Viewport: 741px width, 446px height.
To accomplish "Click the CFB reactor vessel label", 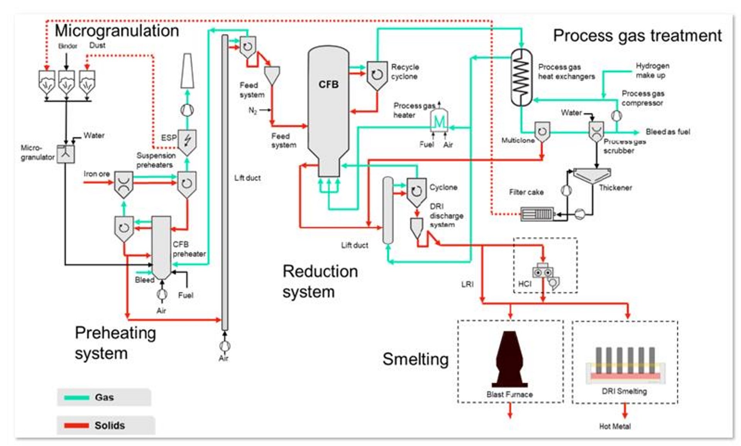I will (x=328, y=85).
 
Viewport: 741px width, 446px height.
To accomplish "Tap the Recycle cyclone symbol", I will (x=377, y=75).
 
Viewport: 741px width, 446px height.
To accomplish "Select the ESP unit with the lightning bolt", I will (x=187, y=141).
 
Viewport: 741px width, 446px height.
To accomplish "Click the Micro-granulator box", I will (x=66, y=154).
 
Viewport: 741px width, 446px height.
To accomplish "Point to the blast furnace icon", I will (x=509, y=359).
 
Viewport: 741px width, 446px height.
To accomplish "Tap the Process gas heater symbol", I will (x=439, y=122).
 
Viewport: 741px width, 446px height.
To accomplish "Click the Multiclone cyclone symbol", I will (x=542, y=132).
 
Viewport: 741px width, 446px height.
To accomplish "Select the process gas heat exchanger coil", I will (x=521, y=77).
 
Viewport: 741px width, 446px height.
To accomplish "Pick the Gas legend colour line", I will (x=76, y=397).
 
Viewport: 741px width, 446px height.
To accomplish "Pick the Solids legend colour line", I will (x=76, y=425).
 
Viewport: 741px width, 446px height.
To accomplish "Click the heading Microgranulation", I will (x=117, y=31).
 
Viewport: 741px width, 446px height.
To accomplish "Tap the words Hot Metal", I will (x=615, y=426).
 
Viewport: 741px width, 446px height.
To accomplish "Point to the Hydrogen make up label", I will (x=652, y=70).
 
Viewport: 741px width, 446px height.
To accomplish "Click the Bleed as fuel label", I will (x=668, y=132).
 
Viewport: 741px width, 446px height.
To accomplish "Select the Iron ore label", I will (x=96, y=174).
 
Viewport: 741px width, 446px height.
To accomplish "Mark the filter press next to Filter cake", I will (x=537, y=214).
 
